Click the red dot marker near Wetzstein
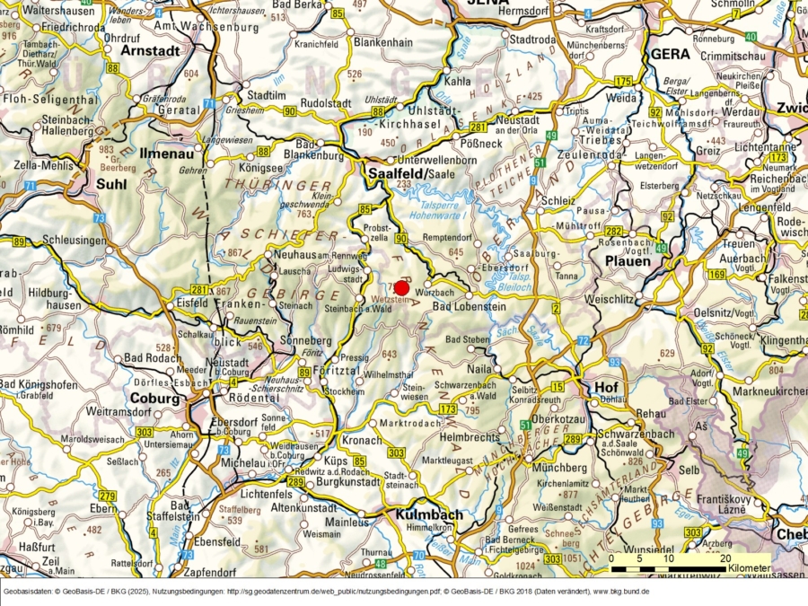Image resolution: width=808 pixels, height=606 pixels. point(401,287)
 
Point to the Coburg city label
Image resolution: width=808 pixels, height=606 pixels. point(154,398)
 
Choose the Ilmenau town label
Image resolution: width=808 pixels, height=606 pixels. point(165,154)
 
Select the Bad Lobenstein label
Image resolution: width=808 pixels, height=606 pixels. point(470,307)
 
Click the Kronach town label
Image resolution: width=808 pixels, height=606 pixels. point(363,441)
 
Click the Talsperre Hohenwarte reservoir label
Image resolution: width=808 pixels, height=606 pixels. point(440,209)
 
